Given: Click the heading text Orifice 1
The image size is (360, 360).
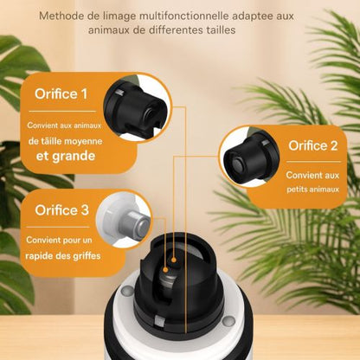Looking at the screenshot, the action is coord(61,94).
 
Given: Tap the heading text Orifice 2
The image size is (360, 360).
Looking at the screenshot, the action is coord(313,145).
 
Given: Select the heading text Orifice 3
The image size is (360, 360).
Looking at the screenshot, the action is coord(61,210).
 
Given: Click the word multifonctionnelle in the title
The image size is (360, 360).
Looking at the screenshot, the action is coord(184,16).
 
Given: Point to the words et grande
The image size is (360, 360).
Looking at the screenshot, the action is coord(66,156).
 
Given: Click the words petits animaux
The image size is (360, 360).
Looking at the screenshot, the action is coord(312,190).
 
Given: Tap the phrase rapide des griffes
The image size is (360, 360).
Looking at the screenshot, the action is coord(63,256).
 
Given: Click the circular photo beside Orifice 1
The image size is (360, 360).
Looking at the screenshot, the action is coord(137,107).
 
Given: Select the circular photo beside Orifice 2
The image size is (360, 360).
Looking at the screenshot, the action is coord(248,157).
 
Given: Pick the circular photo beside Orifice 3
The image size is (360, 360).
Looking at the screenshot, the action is coord(124,220).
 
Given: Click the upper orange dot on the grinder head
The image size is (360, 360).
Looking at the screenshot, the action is coord(174,260).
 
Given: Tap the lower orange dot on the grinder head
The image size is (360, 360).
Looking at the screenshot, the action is coord(165,270).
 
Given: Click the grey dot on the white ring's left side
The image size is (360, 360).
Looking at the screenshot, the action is coord(127,291).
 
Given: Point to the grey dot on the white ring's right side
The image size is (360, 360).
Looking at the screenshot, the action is coord(229,321).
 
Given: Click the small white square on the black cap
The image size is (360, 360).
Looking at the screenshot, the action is coord(159,321).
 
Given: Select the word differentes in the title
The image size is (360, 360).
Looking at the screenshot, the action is coord(176,30).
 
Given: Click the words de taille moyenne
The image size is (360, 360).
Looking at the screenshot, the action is coord(65,141).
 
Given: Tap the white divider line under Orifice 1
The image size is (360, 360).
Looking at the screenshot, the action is coord(62,111).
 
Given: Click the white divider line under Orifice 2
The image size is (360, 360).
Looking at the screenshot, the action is coord(313,162).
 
